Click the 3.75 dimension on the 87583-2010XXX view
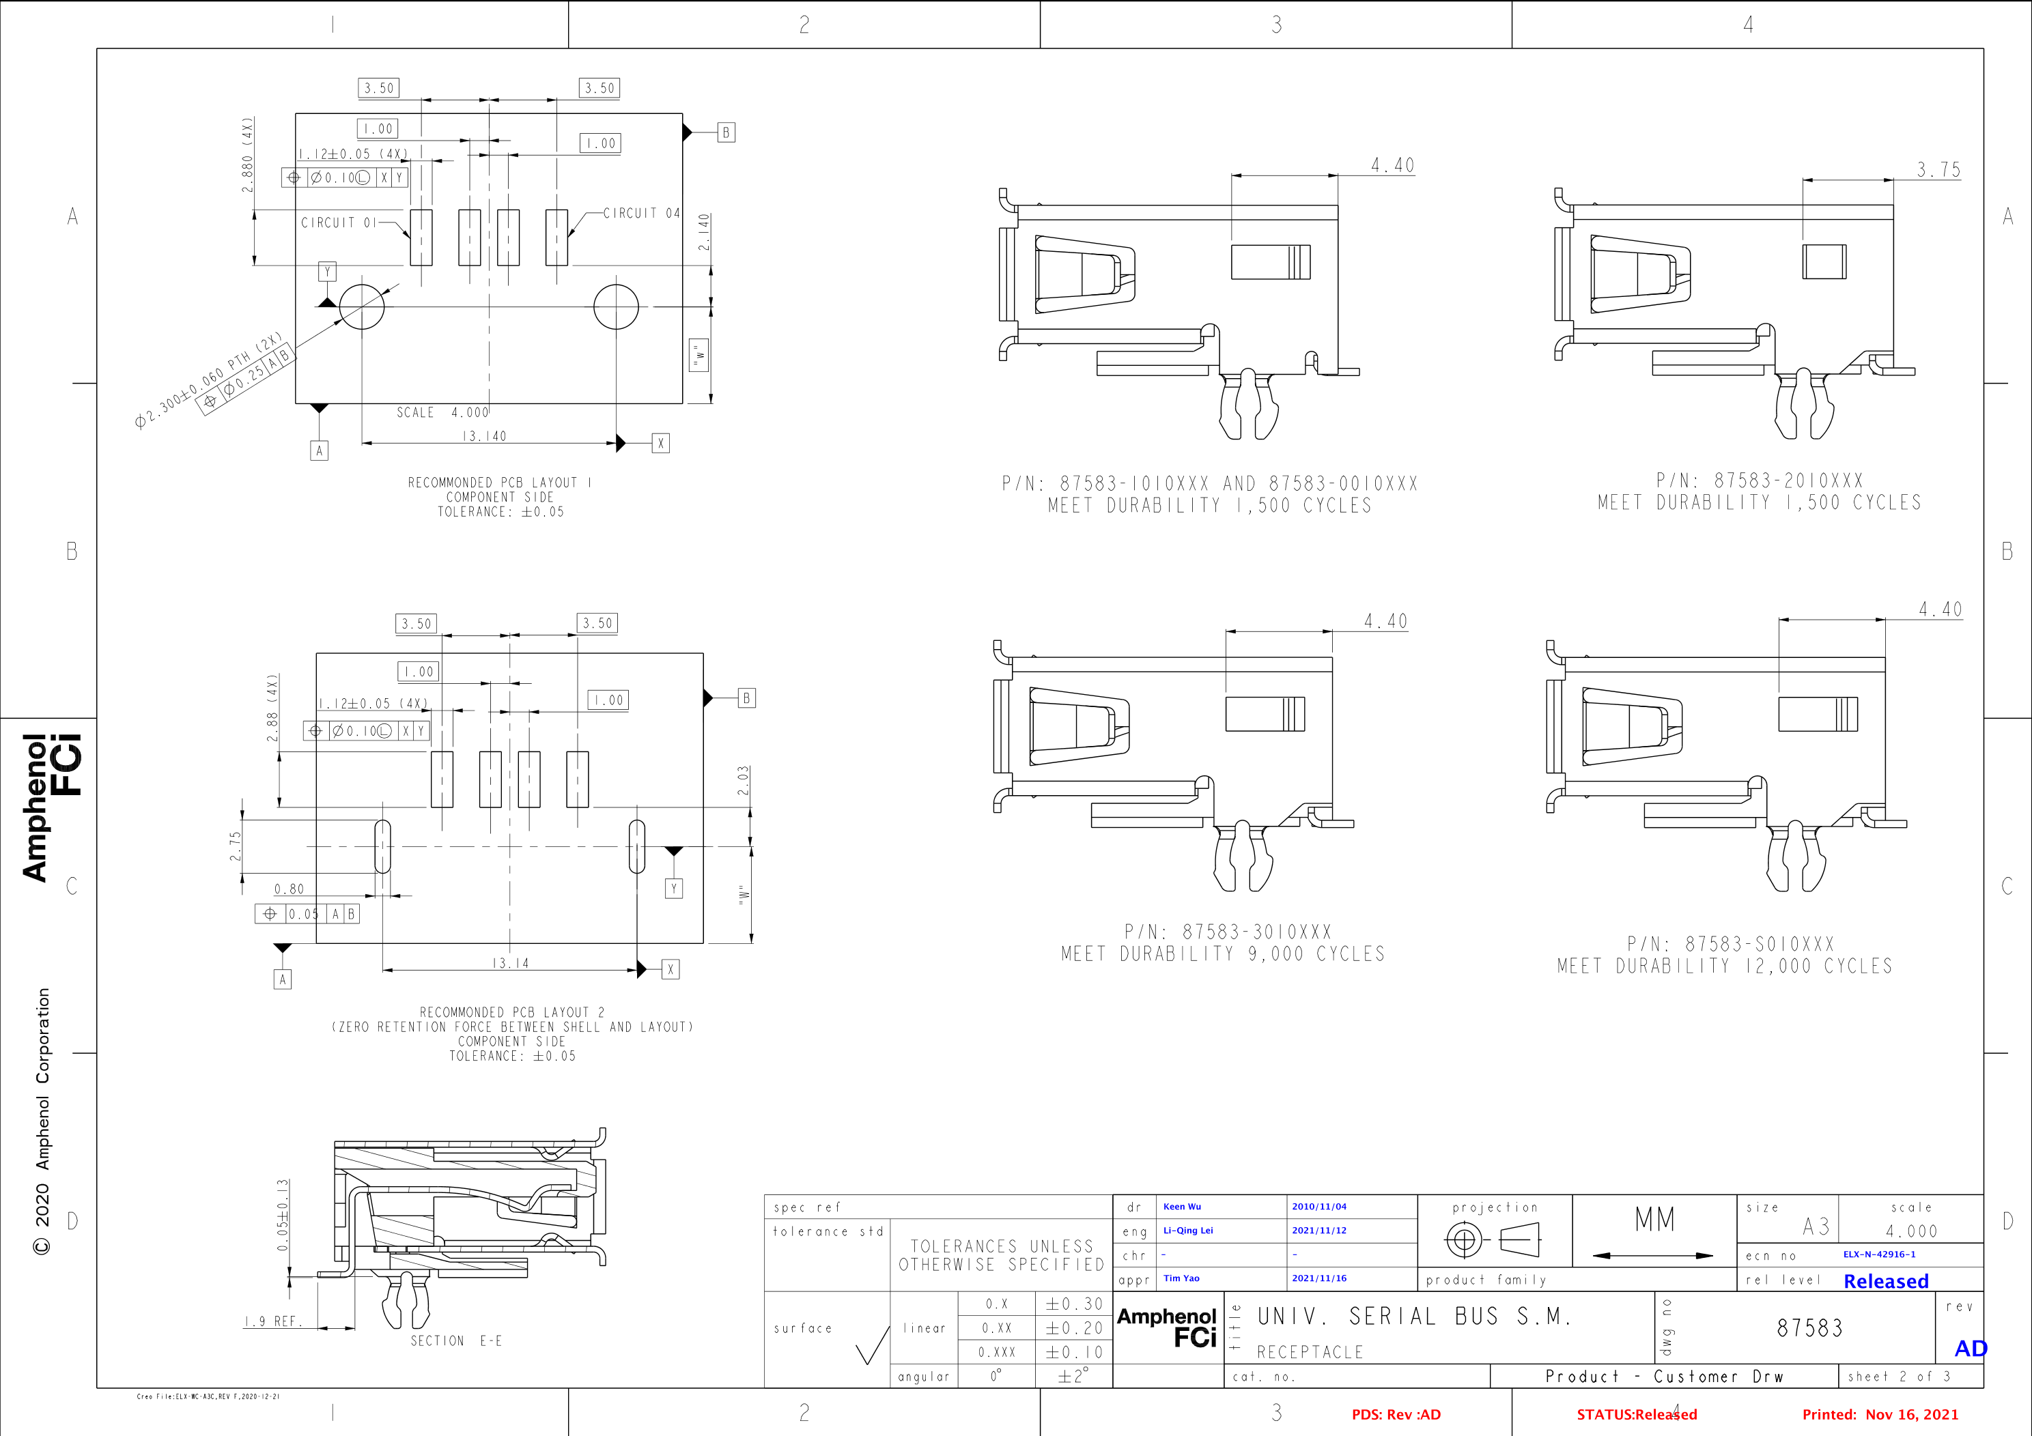pyautogui.click(x=1938, y=169)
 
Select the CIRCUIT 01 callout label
pyautogui.click(x=339, y=223)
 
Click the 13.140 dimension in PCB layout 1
pyautogui.click(x=484, y=436)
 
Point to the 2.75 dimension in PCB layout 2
pyautogui.click(x=234, y=846)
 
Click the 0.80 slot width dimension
pyautogui.click(x=289, y=889)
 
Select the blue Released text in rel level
pyautogui.click(x=1885, y=1281)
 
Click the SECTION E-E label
pyautogui.click(x=456, y=1341)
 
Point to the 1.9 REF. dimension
pyautogui.click(x=274, y=1321)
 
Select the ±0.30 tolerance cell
pyautogui.click(x=1073, y=1304)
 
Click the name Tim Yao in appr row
pyautogui.click(x=1181, y=1278)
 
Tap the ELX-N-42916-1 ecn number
pyautogui.click(x=1879, y=1254)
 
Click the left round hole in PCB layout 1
pyautogui.click(x=362, y=306)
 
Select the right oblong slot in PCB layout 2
pyautogui.click(x=636, y=846)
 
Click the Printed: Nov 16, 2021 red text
pyautogui.click(x=1880, y=1415)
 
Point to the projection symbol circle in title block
pyautogui.click(x=1463, y=1239)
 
